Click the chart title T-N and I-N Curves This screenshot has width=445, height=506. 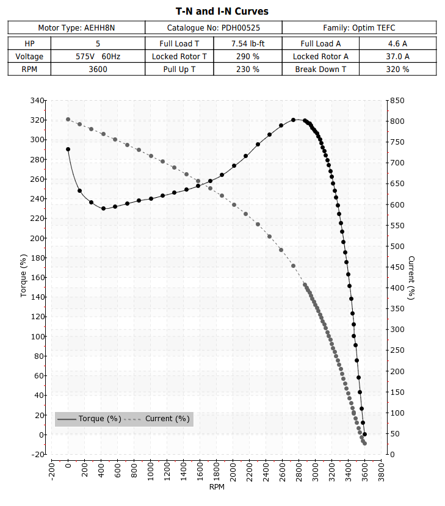222,12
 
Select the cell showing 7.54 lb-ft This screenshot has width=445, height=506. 248,43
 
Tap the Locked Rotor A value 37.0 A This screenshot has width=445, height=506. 397,57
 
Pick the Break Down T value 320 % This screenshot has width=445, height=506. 397,70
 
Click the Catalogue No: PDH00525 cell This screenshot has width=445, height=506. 213,27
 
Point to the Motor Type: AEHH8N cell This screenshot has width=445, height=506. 76,27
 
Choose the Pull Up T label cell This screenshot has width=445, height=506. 179,70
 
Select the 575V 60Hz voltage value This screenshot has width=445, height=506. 98,57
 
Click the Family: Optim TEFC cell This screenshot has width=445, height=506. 359,27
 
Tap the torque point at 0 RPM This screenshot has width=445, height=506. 68,150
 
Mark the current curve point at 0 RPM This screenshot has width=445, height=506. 68,120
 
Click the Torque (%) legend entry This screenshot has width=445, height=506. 89,419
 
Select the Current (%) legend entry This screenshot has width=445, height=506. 157,419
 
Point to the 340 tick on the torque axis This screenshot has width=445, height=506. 37,100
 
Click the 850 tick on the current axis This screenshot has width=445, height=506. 397,100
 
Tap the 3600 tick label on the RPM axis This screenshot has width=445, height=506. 365,472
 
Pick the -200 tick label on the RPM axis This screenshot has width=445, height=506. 52,471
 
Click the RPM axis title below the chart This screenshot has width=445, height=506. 217,487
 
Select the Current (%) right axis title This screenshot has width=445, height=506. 411,278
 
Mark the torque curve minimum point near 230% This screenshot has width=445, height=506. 103,209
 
